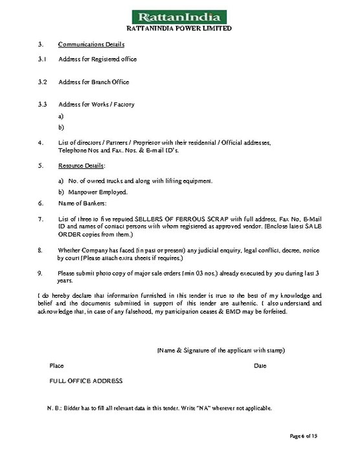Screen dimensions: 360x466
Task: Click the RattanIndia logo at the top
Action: pos(179,15)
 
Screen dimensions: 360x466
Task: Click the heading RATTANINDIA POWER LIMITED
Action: pos(179,28)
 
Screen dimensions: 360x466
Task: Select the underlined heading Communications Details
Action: pos(91,44)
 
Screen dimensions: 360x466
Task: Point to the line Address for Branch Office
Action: pos(93,82)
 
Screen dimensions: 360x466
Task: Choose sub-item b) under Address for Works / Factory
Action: pos(61,128)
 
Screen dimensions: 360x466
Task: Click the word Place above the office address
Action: pos(57,366)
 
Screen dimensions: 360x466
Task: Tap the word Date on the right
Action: pos(260,366)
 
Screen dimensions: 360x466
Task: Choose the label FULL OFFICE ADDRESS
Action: pos(85,381)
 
